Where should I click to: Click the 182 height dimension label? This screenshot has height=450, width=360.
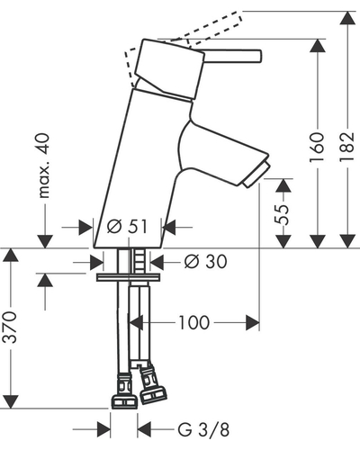click(347, 147)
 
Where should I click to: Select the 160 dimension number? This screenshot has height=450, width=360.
click(318, 147)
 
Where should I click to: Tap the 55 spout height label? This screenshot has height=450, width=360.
click(283, 214)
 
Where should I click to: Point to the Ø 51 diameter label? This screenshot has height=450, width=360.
click(127, 227)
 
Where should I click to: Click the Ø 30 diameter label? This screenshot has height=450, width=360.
click(205, 261)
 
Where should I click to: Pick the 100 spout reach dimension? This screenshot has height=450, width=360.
click(194, 323)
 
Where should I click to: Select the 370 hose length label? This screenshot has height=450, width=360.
click(10, 328)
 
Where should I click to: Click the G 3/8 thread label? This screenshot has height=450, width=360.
click(203, 429)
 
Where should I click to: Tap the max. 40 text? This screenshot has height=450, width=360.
click(44, 166)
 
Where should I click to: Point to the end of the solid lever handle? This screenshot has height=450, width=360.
click(259, 57)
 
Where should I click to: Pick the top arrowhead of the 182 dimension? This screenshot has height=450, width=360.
click(347, 19)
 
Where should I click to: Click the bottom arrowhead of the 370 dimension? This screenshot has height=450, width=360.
click(10, 401)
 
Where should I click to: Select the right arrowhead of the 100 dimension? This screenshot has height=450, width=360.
click(253, 323)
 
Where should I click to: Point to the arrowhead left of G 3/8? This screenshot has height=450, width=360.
click(103, 429)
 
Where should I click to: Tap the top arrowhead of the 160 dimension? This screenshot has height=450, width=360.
click(318, 46)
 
